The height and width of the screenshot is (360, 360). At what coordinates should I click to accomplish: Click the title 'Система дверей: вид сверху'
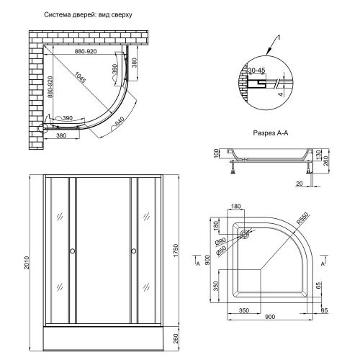click(88, 15)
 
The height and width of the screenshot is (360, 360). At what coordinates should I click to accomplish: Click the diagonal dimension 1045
click(79, 77)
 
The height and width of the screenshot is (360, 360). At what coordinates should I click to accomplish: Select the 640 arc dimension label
click(120, 121)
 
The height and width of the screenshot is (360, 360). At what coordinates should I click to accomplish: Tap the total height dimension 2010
click(26, 263)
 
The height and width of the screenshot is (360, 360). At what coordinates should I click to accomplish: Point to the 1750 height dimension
click(176, 251)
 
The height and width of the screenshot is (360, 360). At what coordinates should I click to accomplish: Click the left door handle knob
click(72, 251)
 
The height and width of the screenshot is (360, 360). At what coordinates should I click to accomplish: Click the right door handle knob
click(134, 251)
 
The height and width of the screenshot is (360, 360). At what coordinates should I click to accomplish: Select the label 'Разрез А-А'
click(271, 133)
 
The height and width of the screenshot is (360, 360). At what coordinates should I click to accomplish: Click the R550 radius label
click(302, 219)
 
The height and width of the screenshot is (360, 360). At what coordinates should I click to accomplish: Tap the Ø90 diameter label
click(220, 241)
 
